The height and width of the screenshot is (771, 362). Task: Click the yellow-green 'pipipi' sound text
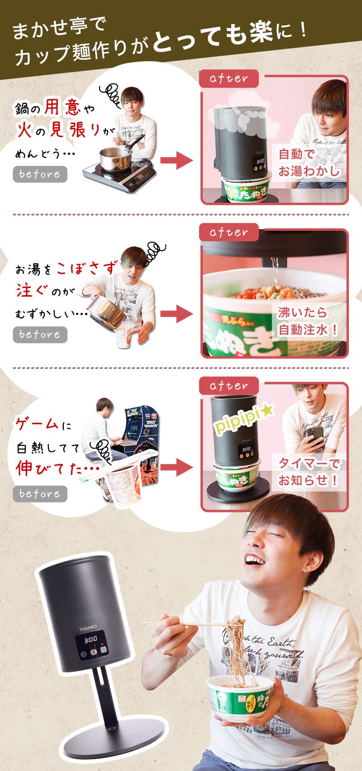point(243,420)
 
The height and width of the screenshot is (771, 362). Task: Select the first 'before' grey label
point(40,174)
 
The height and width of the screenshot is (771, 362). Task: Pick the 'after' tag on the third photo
point(229,386)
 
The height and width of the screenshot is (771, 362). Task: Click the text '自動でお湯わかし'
point(308,162)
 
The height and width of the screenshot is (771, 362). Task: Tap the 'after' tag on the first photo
point(229,78)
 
